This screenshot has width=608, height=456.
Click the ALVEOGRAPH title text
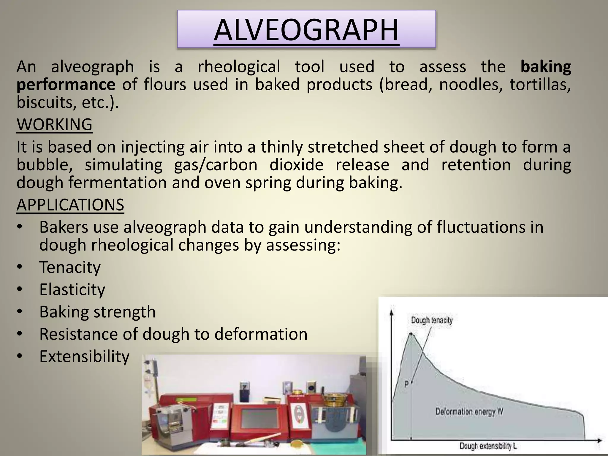tap(306, 30)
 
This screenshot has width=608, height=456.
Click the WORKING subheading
tap(54, 124)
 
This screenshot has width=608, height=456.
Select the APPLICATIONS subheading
tap(70, 205)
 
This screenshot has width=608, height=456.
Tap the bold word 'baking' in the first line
tap(546, 66)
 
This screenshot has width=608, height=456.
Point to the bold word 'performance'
tap(66, 84)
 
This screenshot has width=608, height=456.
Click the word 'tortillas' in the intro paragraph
tap(540, 84)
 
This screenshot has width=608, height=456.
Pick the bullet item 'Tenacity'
tap(70, 267)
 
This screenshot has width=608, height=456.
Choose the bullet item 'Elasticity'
tap(72, 289)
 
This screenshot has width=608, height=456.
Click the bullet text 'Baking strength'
tap(97, 312)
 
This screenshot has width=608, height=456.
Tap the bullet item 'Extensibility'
tap(84, 356)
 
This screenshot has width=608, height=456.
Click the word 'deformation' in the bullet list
tap(261, 334)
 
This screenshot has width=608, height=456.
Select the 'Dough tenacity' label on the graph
tap(432, 320)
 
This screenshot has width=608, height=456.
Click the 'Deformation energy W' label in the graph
tap(469, 412)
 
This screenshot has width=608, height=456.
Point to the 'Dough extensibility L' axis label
tap(488, 446)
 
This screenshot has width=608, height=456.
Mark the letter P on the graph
tap(407, 385)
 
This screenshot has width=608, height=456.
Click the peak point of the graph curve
tap(411, 333)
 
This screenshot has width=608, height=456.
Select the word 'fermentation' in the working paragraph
tap(118, 182)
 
